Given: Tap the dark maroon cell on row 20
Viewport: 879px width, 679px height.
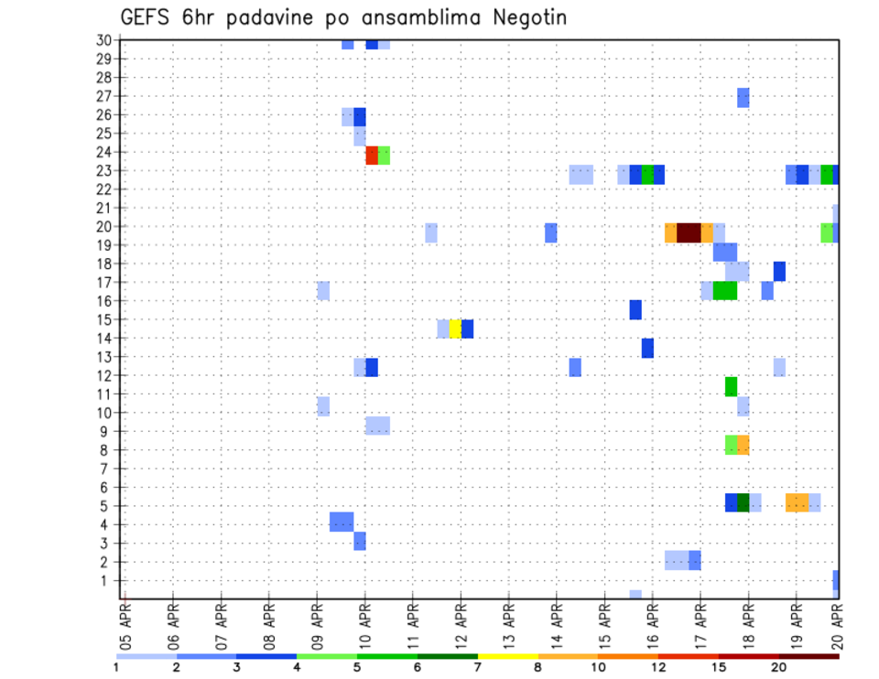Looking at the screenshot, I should pos(689,232).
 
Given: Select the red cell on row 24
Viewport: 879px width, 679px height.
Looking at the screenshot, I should pos(372,156).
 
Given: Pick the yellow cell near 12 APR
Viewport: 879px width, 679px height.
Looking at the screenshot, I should pos(455,329).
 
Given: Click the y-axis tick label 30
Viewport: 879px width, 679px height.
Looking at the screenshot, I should pos(103,40).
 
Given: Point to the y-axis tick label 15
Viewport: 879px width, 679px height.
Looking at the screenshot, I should pos(103,319).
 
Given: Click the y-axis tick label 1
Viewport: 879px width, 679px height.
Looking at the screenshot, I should pos(106,580).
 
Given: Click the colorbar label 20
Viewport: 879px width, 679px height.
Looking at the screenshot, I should pos(779,666).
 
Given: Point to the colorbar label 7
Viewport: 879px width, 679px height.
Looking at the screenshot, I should pos(478,666).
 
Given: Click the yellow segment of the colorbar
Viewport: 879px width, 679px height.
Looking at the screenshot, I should pos(508,656).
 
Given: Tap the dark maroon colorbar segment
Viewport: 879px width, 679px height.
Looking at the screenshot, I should pos(809,656).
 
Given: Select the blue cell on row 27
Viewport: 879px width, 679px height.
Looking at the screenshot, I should pos(743,97).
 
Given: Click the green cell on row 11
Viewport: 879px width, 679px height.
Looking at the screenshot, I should pos(731,386).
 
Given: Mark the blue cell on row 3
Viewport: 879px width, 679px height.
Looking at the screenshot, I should pos(360,541).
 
